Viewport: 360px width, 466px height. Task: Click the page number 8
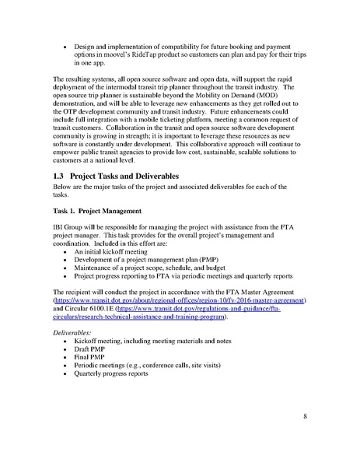coord(306,417)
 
